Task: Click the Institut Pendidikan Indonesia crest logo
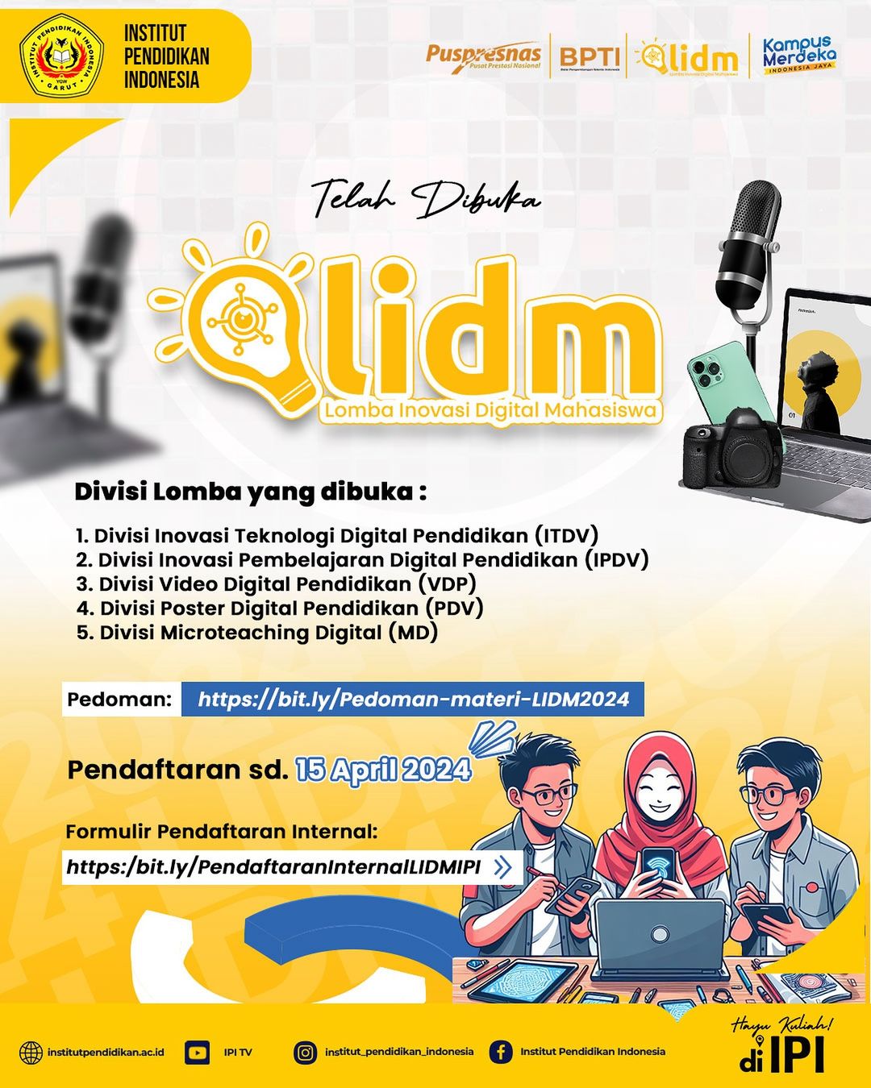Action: click(x=61, y=57)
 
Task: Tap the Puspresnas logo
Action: click(x=483, y=56)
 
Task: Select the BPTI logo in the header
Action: click(x=590, y=56)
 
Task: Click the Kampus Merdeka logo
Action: click(x=798, y=55)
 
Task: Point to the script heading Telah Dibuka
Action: click(x=426, y=198)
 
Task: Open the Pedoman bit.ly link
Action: click(x=413, y=699)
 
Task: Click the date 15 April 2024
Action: click(x=383, y=770)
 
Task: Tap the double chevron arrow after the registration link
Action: click(x=502, y=867)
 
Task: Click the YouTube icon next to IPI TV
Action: click(x=197, y=1052)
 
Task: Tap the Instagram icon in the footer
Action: click(x=305, y=1052)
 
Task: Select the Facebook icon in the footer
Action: click(x=501, y=1052)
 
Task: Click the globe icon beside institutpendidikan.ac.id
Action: click(x=31, y=1052)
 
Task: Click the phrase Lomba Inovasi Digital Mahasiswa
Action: click(x=490, y=411)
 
